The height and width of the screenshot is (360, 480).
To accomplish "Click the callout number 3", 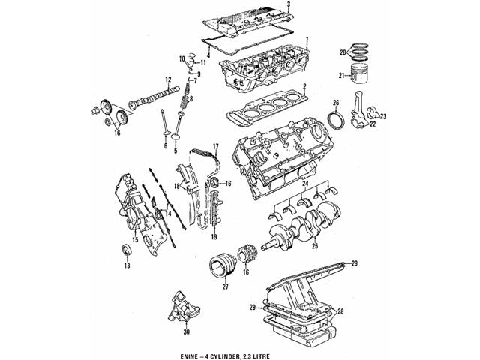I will [298, 5].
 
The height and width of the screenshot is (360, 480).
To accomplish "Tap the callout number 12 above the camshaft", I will [169, 79].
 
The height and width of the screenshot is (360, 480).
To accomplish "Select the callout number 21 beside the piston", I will [340, 76].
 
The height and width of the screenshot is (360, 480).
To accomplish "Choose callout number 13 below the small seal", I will [127, 266].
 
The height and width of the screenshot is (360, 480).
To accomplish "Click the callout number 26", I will [337, 103].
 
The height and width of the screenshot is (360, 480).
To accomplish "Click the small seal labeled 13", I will [125, 250].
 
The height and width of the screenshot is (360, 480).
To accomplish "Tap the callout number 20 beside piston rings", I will [340, 52].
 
